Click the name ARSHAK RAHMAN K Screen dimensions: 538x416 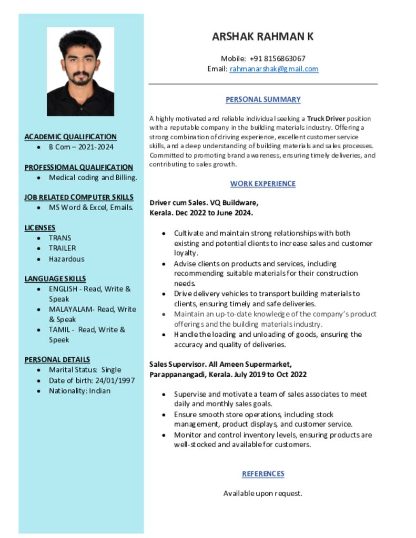coord(263,36)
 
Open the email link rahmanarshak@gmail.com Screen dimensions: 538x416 coord(274,69)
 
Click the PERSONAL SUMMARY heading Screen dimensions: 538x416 coord(263,99)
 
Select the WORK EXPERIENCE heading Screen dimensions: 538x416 coord(263,183)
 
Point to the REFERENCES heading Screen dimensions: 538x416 coord(263,473)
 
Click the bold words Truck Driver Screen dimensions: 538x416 coord(326,118)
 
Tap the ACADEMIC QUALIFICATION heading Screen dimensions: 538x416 coord(70,137)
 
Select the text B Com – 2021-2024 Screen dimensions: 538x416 coord(81,147)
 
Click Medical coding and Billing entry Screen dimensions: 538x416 coord(93,178)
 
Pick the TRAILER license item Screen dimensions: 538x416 coord(62,248)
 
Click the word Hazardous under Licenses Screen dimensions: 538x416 coord(66,258)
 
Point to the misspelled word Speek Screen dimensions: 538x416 coord(59,340)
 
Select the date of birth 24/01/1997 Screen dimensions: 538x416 coord(115,380)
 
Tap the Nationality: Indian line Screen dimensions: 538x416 coord(79,390)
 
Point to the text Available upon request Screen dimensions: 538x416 coord(263,493)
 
